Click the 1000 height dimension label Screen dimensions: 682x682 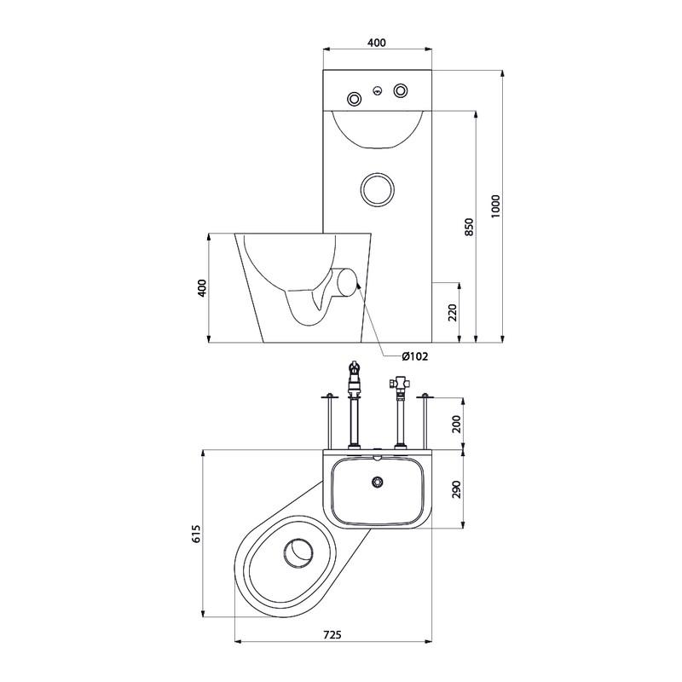point(496,206)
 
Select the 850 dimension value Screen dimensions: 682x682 point(469,227)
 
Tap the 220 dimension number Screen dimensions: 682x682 point(453,312)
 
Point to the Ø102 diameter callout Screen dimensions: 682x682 point(415,356)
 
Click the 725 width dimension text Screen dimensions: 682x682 point(332,634)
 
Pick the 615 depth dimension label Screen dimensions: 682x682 point(196,534)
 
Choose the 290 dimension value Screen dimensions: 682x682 point(456,489)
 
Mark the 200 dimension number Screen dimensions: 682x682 point(456,424)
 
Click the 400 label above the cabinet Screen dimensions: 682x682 point(377,43)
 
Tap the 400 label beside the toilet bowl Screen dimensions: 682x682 point(202,288)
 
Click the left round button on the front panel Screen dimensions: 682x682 point(355,99)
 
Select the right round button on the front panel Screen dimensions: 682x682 point(401,90)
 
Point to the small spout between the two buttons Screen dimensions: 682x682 point(378,91)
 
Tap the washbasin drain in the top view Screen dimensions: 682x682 point(377,482)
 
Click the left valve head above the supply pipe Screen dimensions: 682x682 point(355,374)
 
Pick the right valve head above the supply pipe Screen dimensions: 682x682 point(399,384)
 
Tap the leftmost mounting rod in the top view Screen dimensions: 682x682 point(330,421)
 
